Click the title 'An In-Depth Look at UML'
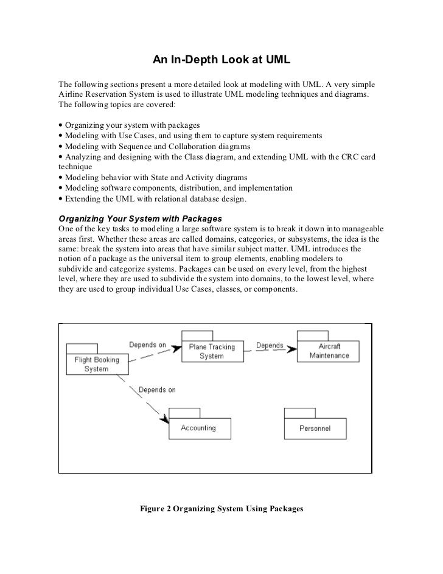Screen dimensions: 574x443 (x=221, y=60)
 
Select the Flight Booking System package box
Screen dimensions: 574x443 (x=96, y=364)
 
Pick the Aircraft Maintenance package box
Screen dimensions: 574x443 (x=329, y=351)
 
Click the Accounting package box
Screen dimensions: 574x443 (x=200, y=428)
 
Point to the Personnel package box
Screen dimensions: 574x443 (x=315, y=429)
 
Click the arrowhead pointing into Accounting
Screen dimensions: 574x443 (x=164, y=418)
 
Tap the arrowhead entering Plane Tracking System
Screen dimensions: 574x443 (x=176, y=348)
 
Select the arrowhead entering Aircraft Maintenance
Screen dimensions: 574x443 (x=293, y=348)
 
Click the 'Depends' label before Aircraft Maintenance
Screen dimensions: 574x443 (x=270, y=346)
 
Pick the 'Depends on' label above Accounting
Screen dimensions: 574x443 (x=157, y=390)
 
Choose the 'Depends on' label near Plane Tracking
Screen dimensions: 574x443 (x=147, y=345)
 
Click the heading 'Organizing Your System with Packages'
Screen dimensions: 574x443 (x=139, y=217)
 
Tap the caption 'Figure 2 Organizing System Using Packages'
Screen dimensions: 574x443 (x=221, y=507)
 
